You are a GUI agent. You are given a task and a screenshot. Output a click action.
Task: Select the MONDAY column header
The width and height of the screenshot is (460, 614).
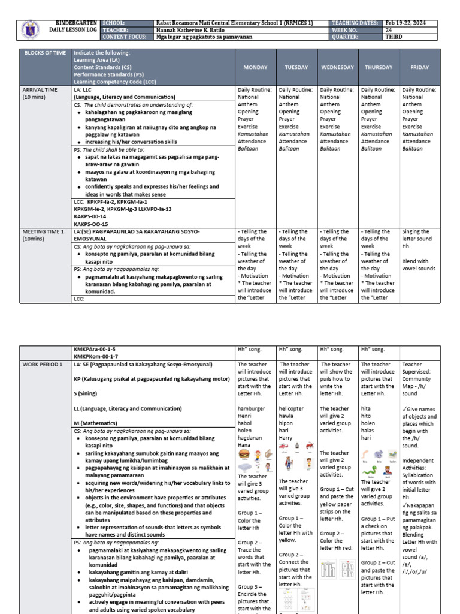click(255, 67)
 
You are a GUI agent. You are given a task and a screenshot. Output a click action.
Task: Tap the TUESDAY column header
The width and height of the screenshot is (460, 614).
click(296, 67)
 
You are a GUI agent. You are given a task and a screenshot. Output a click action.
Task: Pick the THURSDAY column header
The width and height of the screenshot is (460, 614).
click(379, 67)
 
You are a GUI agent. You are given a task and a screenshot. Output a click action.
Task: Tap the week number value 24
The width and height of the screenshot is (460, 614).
click(390, 29)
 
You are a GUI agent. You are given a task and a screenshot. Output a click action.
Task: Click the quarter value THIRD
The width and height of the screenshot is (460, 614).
click(395, 37)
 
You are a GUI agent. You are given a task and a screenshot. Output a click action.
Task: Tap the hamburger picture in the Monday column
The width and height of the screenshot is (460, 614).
click(245, 455)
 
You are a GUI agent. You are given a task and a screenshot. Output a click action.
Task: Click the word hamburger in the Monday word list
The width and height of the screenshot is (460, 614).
click(252, 408)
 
